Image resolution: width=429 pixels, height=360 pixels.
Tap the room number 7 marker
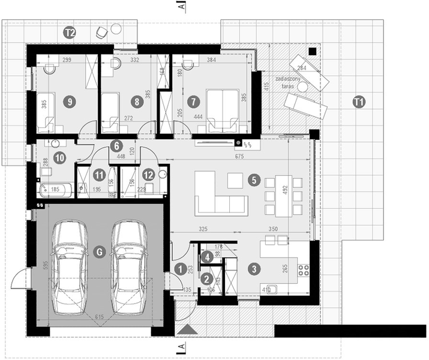193,102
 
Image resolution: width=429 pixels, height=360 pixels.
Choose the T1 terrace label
359,102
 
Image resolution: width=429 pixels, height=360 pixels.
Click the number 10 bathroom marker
60,158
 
